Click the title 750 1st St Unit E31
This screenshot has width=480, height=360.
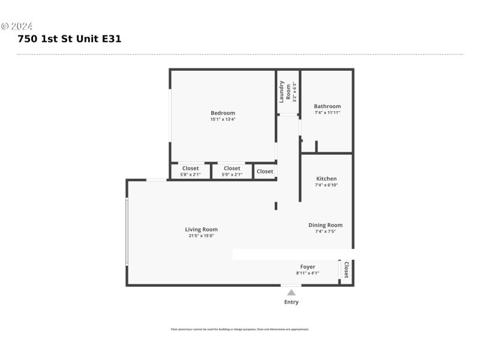tap(70, 39)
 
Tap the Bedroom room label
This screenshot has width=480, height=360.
tap(223, 113)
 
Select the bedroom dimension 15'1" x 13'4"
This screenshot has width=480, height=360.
tap(223, 119)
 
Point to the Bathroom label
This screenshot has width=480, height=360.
tap(327, 106)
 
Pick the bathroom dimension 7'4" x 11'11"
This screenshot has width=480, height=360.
tap(327, 113)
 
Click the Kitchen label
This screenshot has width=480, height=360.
tap(326, 178)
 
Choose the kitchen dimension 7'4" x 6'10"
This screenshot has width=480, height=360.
tap(326, 185)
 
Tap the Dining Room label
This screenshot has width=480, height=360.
tap(325, 225)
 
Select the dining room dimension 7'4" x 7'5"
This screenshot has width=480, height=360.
tap(325, 232)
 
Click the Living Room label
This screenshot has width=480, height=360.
tap(201, 229)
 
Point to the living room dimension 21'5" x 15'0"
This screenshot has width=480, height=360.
tap(201, 236)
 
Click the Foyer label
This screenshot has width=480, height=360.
tap(307, 266)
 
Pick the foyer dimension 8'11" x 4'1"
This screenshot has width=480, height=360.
tap(307, 273)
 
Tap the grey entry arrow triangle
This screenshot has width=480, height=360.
tap(291, 292)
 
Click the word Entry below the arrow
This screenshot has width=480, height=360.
tap(291, 302)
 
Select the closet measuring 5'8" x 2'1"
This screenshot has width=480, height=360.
tap(190, 172)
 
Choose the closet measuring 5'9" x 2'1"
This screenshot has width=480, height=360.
tap(232, 172)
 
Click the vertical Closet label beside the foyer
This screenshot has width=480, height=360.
tap(346, 270)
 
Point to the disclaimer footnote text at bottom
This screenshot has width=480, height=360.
tap(240, 329)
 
